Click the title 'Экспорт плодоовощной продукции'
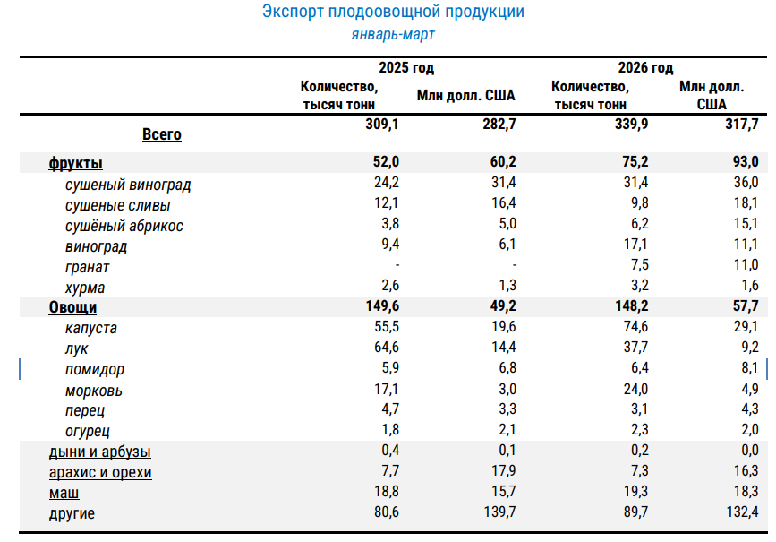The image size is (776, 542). tap(393, 12)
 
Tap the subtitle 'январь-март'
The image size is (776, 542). tap(393, 35)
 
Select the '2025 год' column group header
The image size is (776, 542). tap(406, 68)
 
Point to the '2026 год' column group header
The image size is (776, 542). tap(645, 68)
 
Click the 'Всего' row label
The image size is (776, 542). tap(162, 134)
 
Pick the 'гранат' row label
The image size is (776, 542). tap(87, 268)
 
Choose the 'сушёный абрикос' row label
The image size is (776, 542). tap(124, 226)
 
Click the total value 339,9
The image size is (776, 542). tap(632, 124)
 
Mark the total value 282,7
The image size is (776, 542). tap(499, 124)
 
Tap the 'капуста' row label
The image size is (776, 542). tap(91, 329)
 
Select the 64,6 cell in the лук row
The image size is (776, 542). tap(386, 348)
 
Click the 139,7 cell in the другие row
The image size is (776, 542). tap(499, 512)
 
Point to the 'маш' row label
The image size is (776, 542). tap(64, 494)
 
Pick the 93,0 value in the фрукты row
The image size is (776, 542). tap(746, 162)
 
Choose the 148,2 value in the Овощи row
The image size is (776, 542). tap(632, 306)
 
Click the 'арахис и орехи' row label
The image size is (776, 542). tap(100, 473)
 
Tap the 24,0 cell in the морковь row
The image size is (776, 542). tap(636, 390)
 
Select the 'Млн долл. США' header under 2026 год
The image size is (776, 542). tap(712, 96)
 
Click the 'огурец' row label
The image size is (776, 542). tap(87, 432)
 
